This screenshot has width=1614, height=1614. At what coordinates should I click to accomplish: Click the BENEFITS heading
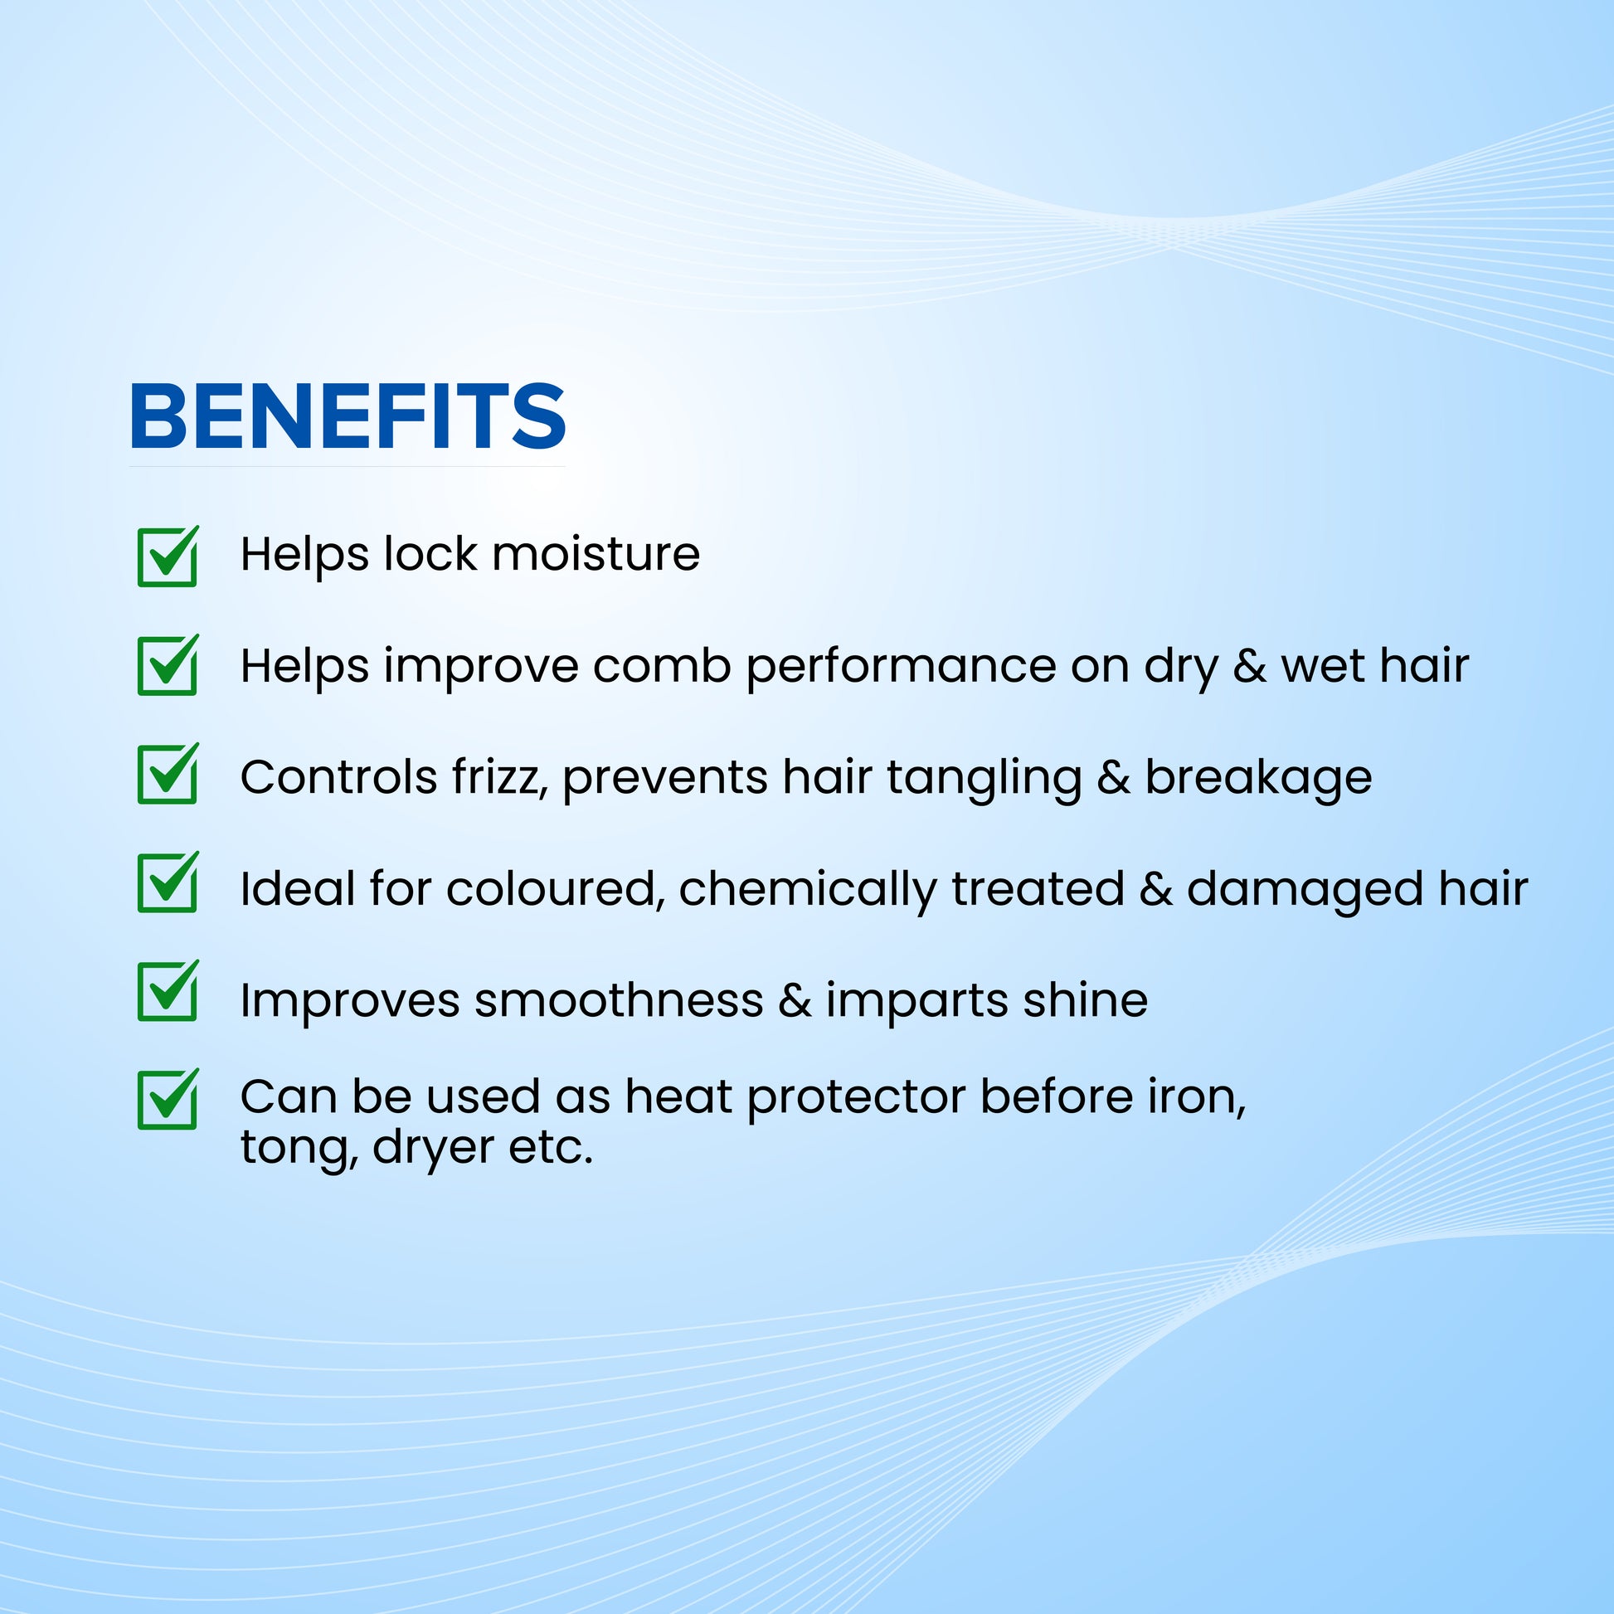pos(348,416)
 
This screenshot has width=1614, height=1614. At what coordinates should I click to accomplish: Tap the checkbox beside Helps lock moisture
pos(168,557)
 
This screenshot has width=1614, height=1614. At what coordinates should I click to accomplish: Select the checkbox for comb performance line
pos(168,665)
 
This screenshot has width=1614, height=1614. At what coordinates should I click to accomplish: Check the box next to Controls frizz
pos(168,774)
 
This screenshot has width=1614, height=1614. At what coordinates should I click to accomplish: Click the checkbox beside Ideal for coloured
pos(168,882)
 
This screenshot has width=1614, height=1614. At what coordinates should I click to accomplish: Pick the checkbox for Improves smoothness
pos(168,991)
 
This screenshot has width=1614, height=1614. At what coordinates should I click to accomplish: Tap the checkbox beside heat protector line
pos(168,1100)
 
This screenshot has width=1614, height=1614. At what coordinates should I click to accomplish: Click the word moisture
pos(596,555)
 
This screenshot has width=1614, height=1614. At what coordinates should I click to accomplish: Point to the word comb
pos(663,666)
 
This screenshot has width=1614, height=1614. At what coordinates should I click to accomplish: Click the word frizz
pos(499,778)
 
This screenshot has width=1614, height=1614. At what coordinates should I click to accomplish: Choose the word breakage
pos(1258,778)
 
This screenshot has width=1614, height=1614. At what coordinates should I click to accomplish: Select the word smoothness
pos(619,1000)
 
